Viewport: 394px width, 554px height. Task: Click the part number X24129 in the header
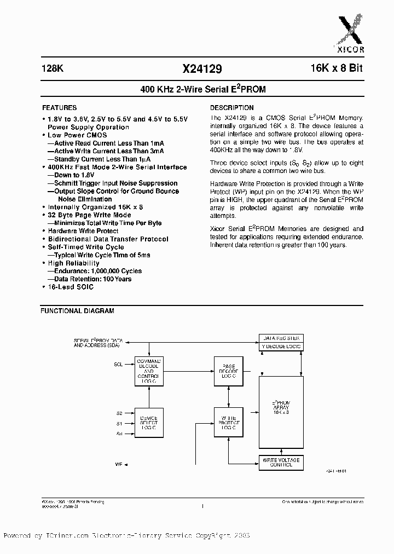[202, 69]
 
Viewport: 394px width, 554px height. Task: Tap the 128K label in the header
[53, 69]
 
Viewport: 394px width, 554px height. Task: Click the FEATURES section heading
[59, 108]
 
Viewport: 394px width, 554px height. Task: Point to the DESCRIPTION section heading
[232, 108]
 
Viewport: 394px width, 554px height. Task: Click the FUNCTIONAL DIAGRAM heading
[78, 311]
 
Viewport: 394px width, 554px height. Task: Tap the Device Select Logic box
[149, 420]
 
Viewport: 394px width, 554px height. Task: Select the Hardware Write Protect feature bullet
[83, 231]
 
